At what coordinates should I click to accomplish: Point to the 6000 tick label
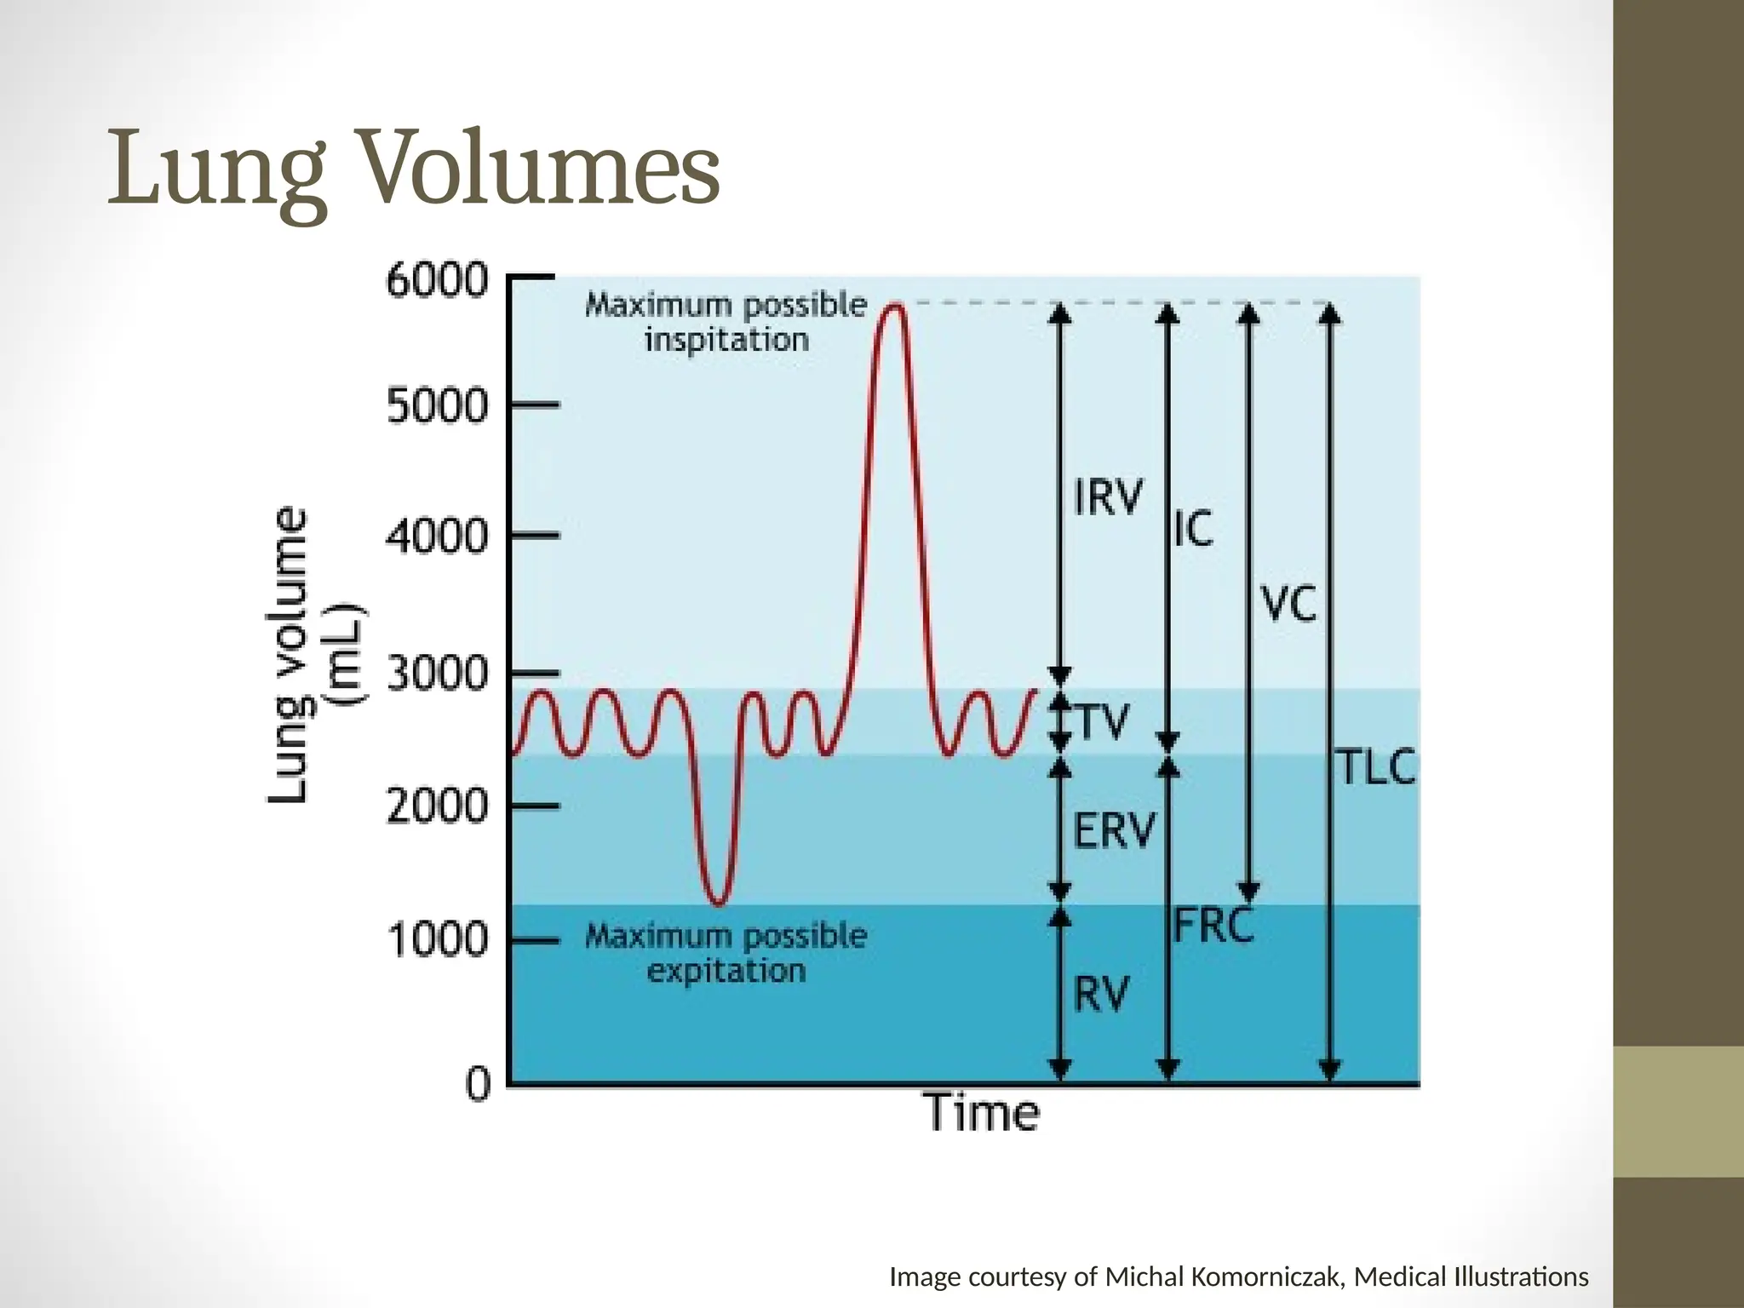click(x=438, y=281)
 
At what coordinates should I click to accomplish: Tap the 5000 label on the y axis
click(x=438, y=406)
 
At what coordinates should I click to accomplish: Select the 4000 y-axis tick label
click(x=438, y=536)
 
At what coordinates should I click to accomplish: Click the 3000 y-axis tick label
click(x=438, y=674)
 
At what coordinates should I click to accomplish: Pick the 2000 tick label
click(x=438, y=806)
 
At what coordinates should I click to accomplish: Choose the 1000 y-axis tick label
click(x=438, y=940)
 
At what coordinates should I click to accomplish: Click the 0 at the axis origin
click(x=479, y=1085)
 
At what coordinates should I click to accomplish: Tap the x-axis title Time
click(x=982, y=1113)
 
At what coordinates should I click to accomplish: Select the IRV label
click(x=1107, y=496)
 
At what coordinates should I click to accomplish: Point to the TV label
click(x=1104, y=722)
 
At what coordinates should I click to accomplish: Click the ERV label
click(x=1114, y=830)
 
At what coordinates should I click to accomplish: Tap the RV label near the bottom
click(x=1101, y=994)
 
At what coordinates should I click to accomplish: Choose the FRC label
click(x=1213, y=925)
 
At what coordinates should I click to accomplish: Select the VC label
click(x=1288, y=605)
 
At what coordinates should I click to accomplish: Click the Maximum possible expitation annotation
click(x=726, y=953)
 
